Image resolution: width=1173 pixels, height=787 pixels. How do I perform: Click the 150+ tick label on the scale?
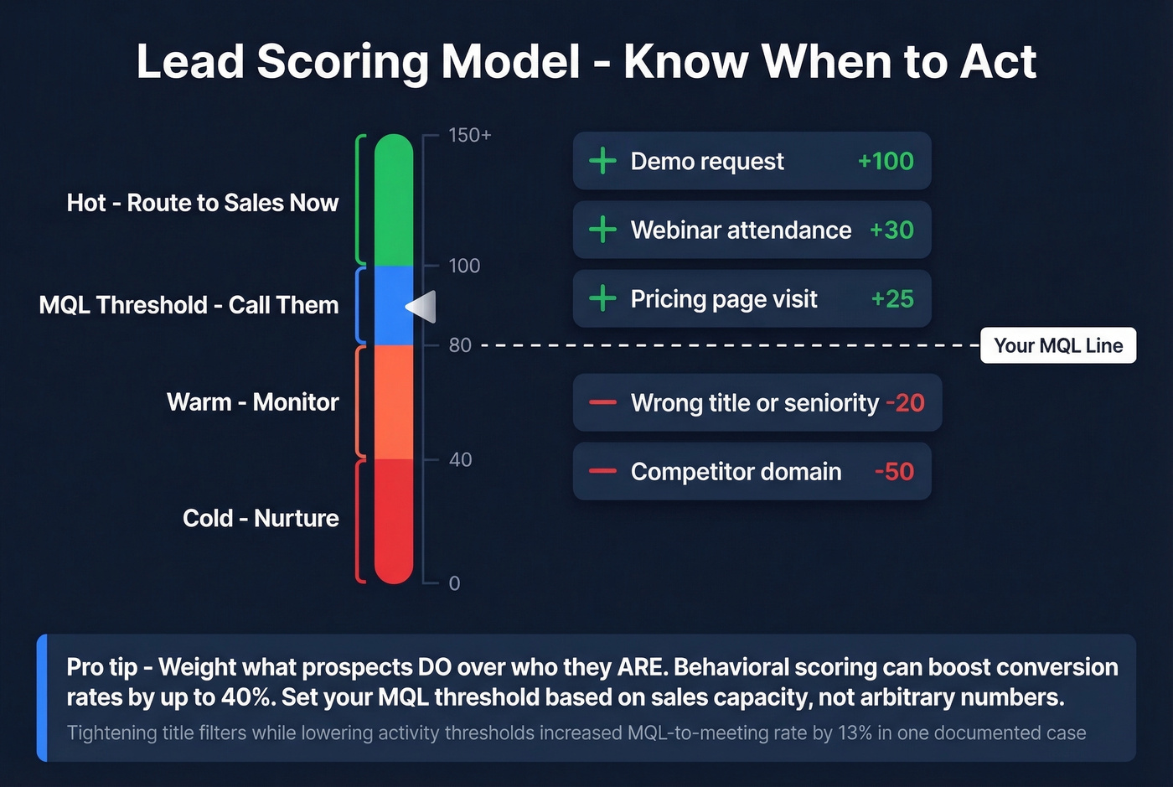pyautogui.click(x=469, y=135)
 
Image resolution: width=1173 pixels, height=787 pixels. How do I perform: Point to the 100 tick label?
pyautogui.click(x=464, y=266)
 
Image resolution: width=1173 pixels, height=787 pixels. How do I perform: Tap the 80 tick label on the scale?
pyautogui.click(x=460, y=345)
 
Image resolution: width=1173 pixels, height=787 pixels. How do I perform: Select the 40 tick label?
pyautogui.click(x=460, y=459)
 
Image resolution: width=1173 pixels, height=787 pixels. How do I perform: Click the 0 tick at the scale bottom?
pyautogui.click(x=454, y=583)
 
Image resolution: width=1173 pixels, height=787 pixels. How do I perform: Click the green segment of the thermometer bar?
pyautogui.click(x=394, y=201)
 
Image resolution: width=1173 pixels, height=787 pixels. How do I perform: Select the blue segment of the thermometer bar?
pyautogui.click(x=394, y=306)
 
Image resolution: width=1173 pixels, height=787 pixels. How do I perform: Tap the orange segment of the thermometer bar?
pyautogui.click(x=394, y=402)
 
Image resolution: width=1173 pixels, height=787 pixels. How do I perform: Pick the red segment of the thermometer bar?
pyautogui.click(x=394, y=520)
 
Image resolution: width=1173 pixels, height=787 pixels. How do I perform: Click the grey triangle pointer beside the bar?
pyautogui.click(x=422, y=307)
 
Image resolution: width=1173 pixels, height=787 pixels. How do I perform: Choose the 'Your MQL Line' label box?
pyautogui.click(x=1058, y=345)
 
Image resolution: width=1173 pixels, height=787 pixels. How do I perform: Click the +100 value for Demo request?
pyautogui.click(x=886, y=161)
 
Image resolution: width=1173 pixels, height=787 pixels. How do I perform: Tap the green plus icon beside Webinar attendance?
pyautogui.click(x=602, y=230)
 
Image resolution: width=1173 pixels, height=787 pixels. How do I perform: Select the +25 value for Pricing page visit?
pyautogui.click(x=892, y=298)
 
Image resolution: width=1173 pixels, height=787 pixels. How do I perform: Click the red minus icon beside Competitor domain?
pyautogui.click(x=602, y=471)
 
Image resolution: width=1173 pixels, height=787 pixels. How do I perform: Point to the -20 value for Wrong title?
pyautogui.click(x=905, y=402)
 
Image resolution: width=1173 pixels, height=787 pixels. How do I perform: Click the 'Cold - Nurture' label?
pyautogui.click(x=261, y=518)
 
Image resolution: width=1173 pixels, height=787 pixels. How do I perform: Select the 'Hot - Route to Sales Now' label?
pyautogui.click(x=203, y=203)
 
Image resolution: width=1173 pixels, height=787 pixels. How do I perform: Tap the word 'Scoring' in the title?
pyautogui.click(x=343, y=62)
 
